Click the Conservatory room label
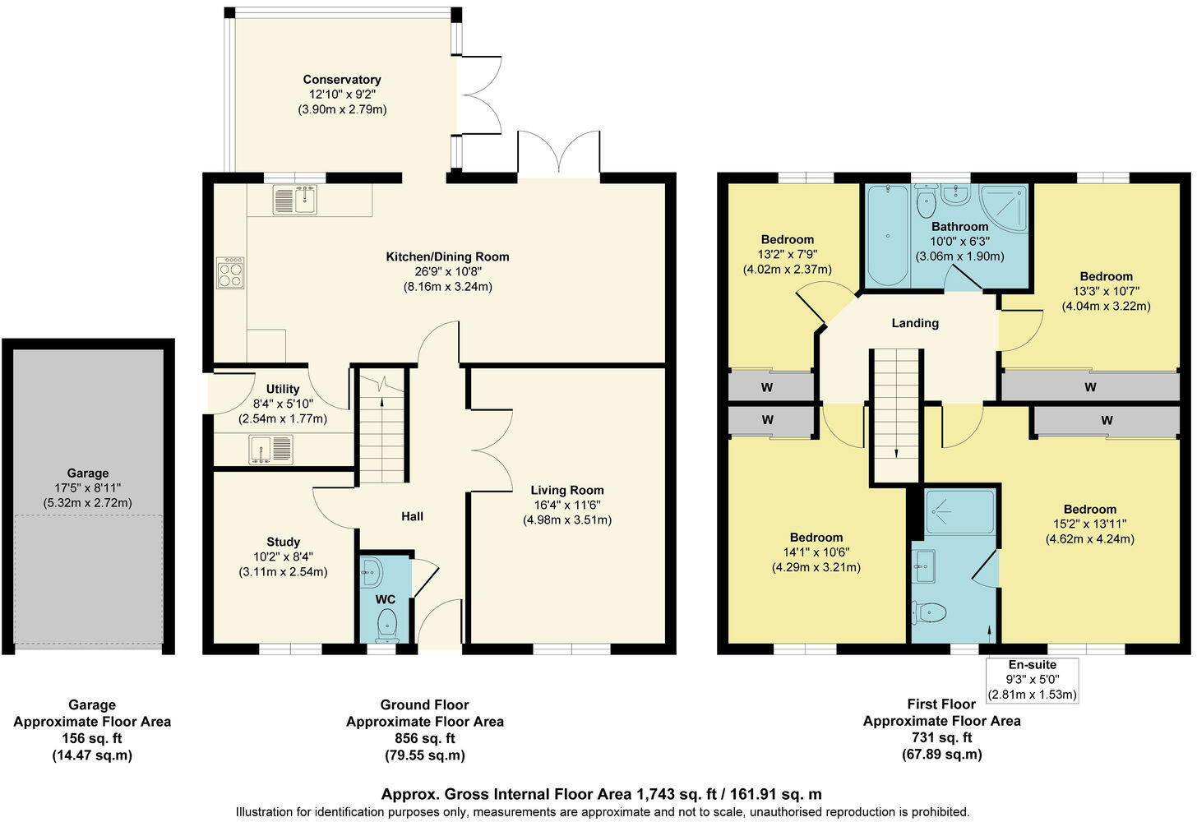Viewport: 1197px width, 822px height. [342, 80]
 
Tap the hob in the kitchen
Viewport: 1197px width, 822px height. [230, 273]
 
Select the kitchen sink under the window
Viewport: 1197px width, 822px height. [295, 200]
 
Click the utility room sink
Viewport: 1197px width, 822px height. [270, 450]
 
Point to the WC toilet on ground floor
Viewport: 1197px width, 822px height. [386, 630]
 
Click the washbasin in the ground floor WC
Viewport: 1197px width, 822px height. [370, 570]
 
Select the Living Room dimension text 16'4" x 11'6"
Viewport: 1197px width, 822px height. [567, 506]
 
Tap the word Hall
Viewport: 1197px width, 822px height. [412, 516]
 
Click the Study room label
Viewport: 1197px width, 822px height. [283, 542]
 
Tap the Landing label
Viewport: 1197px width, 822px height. [915, 323]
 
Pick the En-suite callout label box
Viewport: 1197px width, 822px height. [1032, 680]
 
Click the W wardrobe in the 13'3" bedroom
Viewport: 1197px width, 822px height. [1090, 386]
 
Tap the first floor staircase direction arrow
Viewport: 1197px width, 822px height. [896, 452]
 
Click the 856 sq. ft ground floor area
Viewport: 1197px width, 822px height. [424, 738]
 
